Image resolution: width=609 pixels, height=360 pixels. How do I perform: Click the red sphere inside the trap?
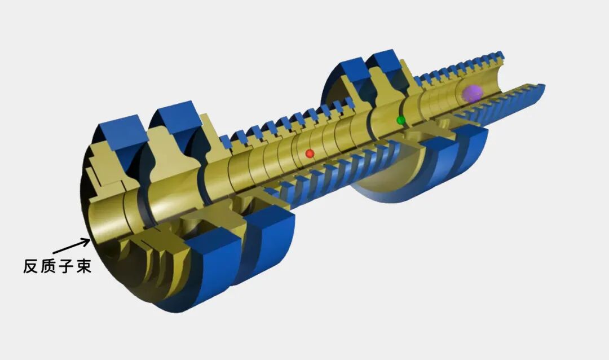(310, 153)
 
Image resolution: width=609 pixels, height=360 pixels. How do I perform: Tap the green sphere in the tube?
(401, 120)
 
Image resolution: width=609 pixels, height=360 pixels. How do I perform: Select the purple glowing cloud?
(473, 93)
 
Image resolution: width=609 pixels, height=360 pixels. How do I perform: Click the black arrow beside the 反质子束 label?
(71, 247)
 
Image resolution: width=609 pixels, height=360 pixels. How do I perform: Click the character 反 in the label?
(31, 266)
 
